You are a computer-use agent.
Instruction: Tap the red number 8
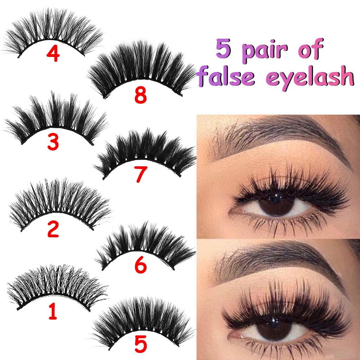coord(140,96)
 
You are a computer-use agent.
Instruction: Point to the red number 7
coord(140,175)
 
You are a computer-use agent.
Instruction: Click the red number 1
coord(52,312)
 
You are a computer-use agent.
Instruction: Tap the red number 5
coord(140,345)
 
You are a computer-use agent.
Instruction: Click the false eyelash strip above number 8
coord(141,67)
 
